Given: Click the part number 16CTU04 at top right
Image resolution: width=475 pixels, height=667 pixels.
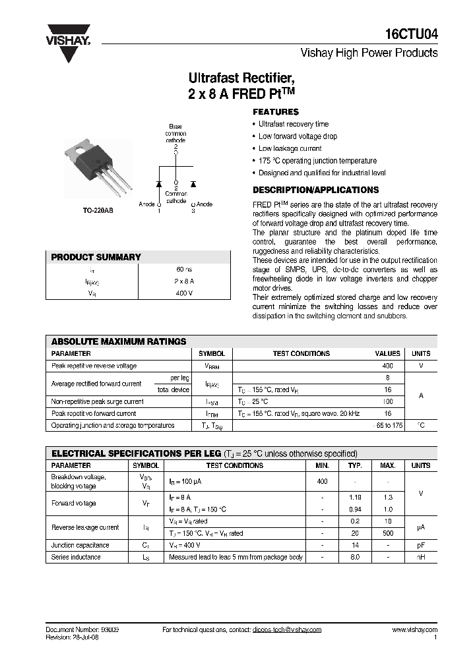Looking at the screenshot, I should point(412,35).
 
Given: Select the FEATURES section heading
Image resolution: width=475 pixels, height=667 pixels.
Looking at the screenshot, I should point(276,112).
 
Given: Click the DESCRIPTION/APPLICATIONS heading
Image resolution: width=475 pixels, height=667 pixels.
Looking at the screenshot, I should point(306,190).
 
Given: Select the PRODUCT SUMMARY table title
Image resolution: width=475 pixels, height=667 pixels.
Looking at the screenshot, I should point(96,257).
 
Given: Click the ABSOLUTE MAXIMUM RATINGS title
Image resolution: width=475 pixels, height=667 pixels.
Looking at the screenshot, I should point(119,341).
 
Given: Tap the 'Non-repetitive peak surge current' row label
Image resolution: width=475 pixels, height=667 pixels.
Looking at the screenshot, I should point(98,401).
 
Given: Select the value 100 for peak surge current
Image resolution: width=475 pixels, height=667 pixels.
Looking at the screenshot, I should point(387,401).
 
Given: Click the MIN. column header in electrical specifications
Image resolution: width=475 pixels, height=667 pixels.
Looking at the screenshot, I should point(322,465).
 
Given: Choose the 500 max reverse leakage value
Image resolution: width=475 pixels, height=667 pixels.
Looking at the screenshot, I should point(388,533).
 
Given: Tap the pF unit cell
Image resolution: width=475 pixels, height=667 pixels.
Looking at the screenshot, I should point(420,545).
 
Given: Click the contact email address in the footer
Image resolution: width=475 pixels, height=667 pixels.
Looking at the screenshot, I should point(286,629).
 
